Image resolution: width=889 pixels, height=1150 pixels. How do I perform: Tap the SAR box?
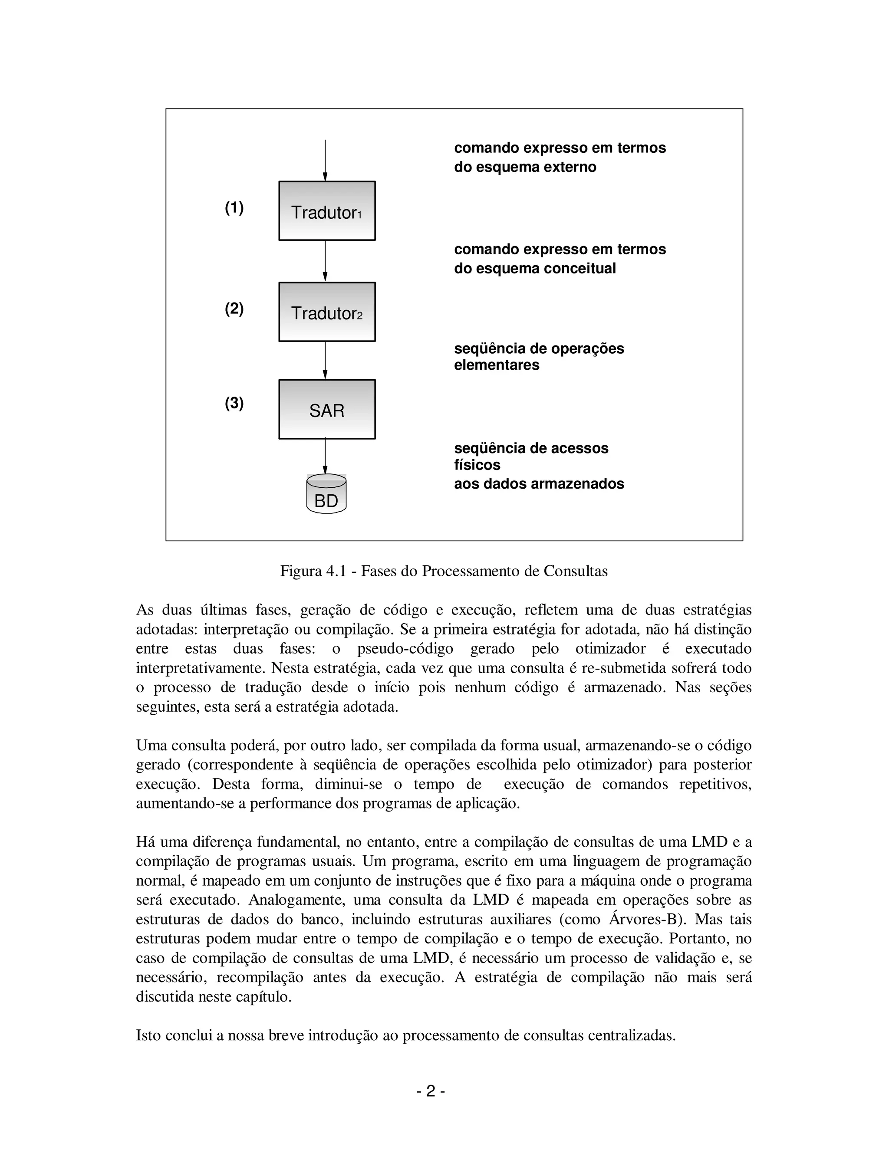click(326, 409)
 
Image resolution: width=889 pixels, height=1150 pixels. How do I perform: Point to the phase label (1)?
click(234, 208)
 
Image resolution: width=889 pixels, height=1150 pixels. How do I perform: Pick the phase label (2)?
click(234, 309)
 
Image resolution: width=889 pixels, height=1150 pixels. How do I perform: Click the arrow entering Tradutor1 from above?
click(325, 161)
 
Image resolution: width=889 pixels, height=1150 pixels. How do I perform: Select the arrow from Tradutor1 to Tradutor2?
click(325, 261)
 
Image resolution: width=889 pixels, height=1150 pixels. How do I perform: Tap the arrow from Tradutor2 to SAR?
click(325, 360)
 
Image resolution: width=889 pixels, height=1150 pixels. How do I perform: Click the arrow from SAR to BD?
click(325, 456)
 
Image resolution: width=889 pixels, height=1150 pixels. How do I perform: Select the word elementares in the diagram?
click(497, 365)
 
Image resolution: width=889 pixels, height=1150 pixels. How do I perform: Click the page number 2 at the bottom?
click(431, 1091)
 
